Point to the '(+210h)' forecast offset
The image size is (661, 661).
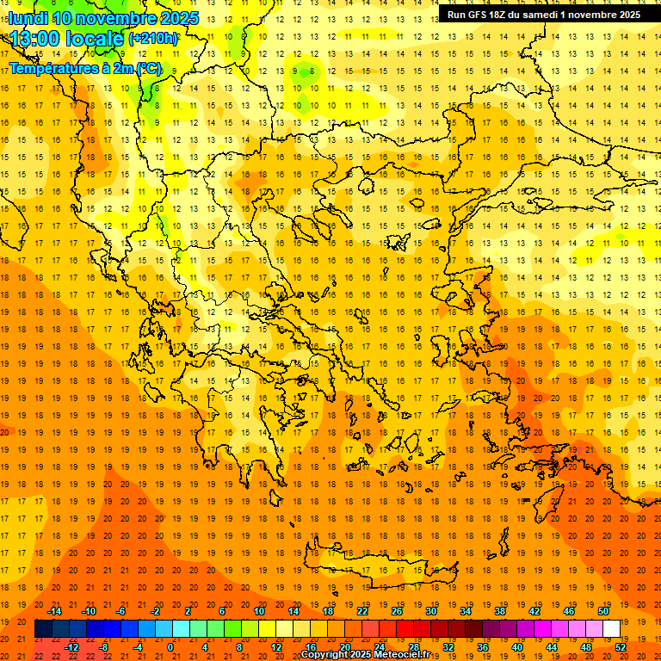pyautogui.click(x=153, y=38)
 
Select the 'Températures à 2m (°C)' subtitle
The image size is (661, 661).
pyautogui.click(x=84, y=67)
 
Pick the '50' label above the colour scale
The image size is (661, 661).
pyautogui.click(x=602, y=611)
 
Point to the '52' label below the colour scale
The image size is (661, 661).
pyautogui.click(x=620, y=647)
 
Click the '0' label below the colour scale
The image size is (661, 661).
pyautogui.click(x=170, y=647)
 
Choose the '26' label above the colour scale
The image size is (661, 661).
pyautogui.click(x=397, y=611)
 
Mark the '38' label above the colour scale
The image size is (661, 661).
pyautogui.click(x=500, y=611)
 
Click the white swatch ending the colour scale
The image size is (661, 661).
pyautogui.click(x=611, y=629)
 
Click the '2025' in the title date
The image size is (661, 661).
pyautogui.click(x=171, y=17)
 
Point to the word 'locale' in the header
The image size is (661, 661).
pyautogui.click(x=96, y=38)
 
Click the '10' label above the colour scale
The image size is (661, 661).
pyautogui.click(x=258, y=611)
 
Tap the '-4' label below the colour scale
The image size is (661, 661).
pyautogui.click(x=138, y=647)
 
